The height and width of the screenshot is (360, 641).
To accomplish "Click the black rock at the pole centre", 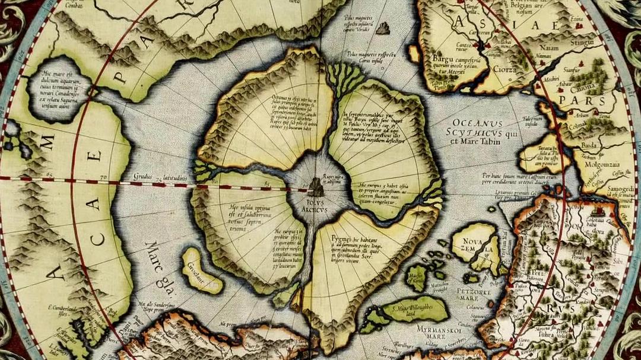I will (x=315, y=188).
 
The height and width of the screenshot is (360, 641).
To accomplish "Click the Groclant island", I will (x=201, y=271).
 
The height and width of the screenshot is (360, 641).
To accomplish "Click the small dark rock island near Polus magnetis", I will (x=383, y=27).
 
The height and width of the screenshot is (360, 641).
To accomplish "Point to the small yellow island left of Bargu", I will (x=414, y=53).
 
